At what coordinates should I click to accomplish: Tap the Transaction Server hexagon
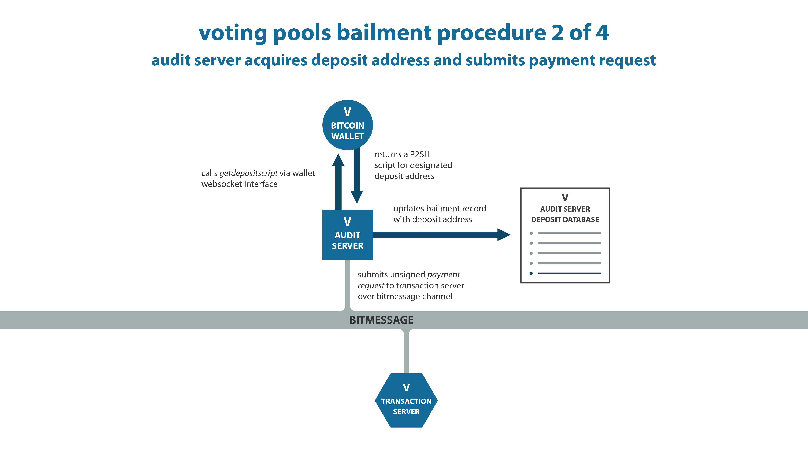pos(406,400)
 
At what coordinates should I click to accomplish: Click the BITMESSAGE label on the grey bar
pos(381,320)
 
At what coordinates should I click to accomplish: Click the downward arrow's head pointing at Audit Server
pos(357,197)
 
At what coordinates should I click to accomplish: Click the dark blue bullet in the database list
pos(531,273)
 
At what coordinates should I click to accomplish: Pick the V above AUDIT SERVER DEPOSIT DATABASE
pos(565,197)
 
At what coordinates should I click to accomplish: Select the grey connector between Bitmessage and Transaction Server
pos(406,351)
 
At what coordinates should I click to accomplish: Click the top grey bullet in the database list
pos(531,233)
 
